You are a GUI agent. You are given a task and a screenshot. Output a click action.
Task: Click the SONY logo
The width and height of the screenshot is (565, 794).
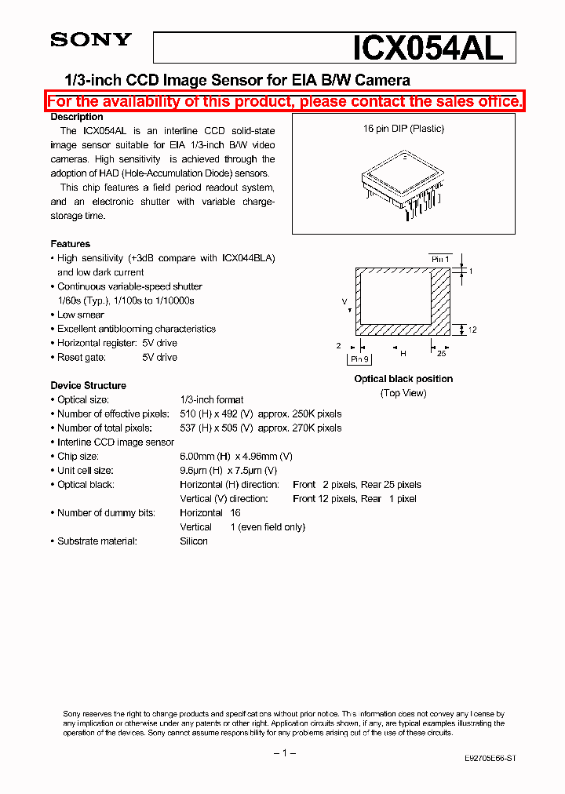[x=90, y=40]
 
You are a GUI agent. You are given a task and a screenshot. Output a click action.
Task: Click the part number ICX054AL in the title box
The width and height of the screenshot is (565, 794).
[x=428, y=49]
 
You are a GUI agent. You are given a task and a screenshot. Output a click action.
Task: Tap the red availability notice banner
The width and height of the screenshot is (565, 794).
[x=284, y=101]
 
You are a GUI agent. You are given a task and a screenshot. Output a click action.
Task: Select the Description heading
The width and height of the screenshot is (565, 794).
[x=77, y=117]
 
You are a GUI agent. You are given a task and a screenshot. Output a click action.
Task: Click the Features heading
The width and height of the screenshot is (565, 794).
[x=70, y=244]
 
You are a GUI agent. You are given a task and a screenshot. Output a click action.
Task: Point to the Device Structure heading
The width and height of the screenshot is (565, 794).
[x=88, y=385]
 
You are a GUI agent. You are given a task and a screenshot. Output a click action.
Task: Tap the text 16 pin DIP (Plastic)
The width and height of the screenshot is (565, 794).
[x=403, y=129]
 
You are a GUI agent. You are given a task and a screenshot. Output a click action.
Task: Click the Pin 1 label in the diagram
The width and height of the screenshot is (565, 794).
[x=440, y=258]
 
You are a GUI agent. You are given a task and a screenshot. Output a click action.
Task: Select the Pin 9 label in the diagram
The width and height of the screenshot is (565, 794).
[x=359, y=359]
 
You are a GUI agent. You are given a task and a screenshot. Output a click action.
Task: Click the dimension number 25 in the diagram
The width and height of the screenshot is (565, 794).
[x=441, y=354]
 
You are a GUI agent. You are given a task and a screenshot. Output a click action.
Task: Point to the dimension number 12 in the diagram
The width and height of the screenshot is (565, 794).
[x=472, y=330]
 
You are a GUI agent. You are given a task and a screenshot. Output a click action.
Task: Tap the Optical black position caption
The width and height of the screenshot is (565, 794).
[x=403, y=379]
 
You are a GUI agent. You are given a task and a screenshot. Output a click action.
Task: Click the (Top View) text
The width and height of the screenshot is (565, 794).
[x=403, y=392]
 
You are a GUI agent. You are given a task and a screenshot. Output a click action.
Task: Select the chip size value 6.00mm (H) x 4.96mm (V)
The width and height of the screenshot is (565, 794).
[x=236, y=457]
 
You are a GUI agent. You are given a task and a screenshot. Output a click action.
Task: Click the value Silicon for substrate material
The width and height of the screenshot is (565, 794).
[x=194, y=541]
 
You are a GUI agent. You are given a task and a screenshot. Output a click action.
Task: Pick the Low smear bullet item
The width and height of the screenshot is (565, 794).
[x=80, y=315]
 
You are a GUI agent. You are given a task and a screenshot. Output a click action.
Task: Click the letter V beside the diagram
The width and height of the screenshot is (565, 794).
[x=344, y=301]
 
